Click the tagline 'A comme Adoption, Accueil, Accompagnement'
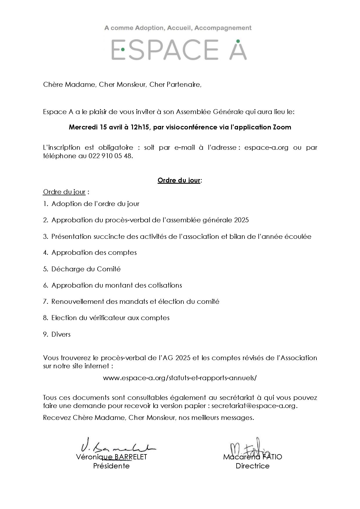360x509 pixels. [x=178, y=28]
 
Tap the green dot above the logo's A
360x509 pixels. [x=238, y=41]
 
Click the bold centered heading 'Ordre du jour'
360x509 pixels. [x=179, y=180]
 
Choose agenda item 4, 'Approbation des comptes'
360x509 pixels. [x=94, y=252]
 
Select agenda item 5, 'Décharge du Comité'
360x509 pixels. [x=86, y=269]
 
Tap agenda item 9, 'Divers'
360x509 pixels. [x=61, y=334]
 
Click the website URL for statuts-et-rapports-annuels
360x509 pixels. [x=180, y=378]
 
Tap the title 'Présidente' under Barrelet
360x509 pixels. [x=111, y=466]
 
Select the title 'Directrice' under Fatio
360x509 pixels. [x=253, y=466]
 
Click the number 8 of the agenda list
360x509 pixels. [x=45, y=318]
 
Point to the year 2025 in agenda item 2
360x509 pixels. [x=241, y=220]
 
